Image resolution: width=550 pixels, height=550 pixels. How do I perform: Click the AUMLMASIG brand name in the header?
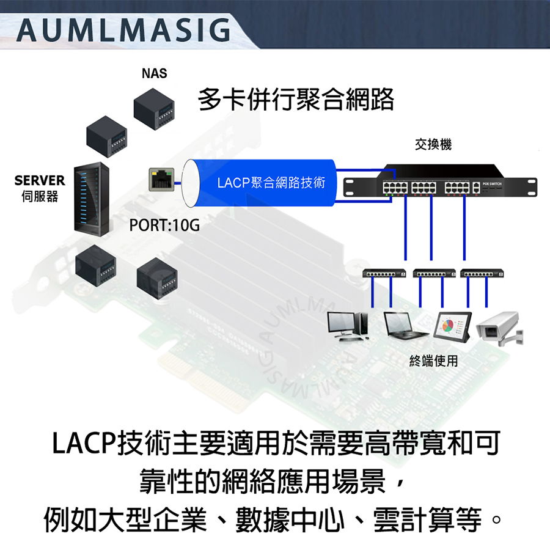tap(122, 30)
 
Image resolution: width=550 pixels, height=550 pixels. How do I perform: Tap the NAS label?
tap(153, 74)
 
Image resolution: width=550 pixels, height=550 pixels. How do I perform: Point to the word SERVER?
tap(40, 180)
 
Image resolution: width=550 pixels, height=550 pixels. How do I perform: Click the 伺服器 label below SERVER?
tap(39, 196)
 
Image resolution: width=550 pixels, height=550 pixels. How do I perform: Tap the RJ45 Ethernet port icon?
tap(161, 179)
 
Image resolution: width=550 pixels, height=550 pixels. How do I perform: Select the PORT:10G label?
tap(164, 225)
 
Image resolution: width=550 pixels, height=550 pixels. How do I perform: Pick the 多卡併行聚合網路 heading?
tap(296, 100)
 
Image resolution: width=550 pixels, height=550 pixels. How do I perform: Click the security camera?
tap(499, 327)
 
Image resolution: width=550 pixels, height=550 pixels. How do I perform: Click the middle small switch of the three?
tap(435, 274)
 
